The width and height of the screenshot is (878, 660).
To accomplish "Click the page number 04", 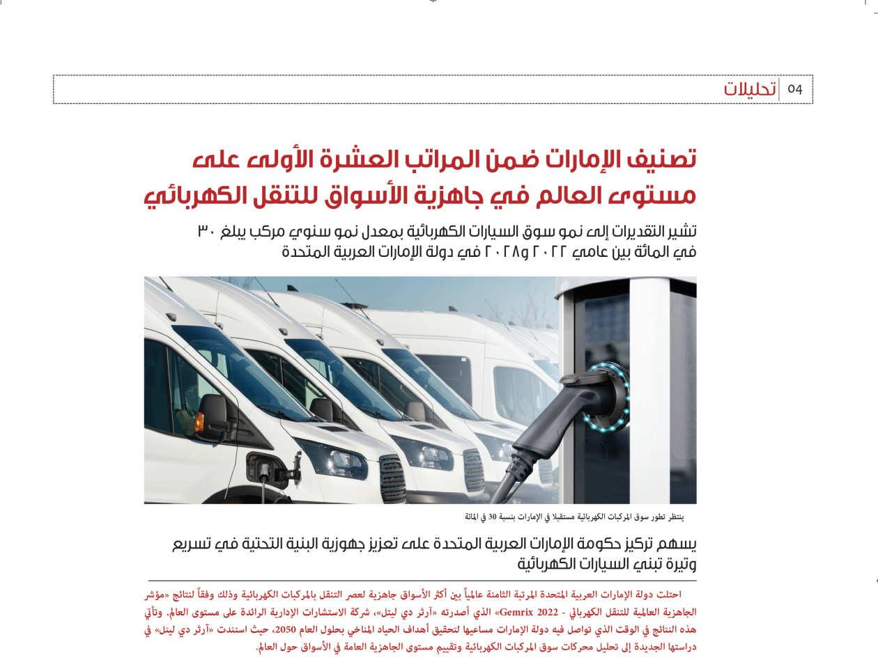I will pyautogui.click(x=795, y=90).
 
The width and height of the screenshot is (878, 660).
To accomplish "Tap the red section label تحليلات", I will pyautogui.click(x=750, y=90).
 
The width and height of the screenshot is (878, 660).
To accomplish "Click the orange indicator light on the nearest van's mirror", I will pyautogui.click(x=199, y=422).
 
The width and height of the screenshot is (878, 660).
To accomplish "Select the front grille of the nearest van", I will pyautogui.click(x=392, y=478).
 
